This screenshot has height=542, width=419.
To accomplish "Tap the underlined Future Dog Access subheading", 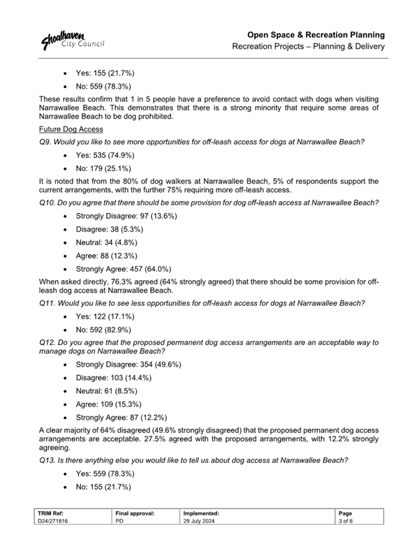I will pyautogui.click(x=71, y=130).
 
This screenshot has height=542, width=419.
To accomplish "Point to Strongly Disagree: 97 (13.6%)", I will pyautogui.click(x=126, y=217).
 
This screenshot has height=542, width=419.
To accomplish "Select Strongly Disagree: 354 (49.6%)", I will pyautogui.click(x=128, y=365).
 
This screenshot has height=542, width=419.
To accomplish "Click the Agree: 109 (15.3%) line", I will pyautogui.click(x=108, y=404).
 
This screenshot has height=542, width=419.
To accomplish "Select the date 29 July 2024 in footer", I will pyautogui.click(x=202, y=521).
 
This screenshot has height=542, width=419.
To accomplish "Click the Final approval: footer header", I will pyautogui.click(x=134, y=513).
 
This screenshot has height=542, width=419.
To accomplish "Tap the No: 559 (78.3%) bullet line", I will pyautogui.click(x=104, y=86).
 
